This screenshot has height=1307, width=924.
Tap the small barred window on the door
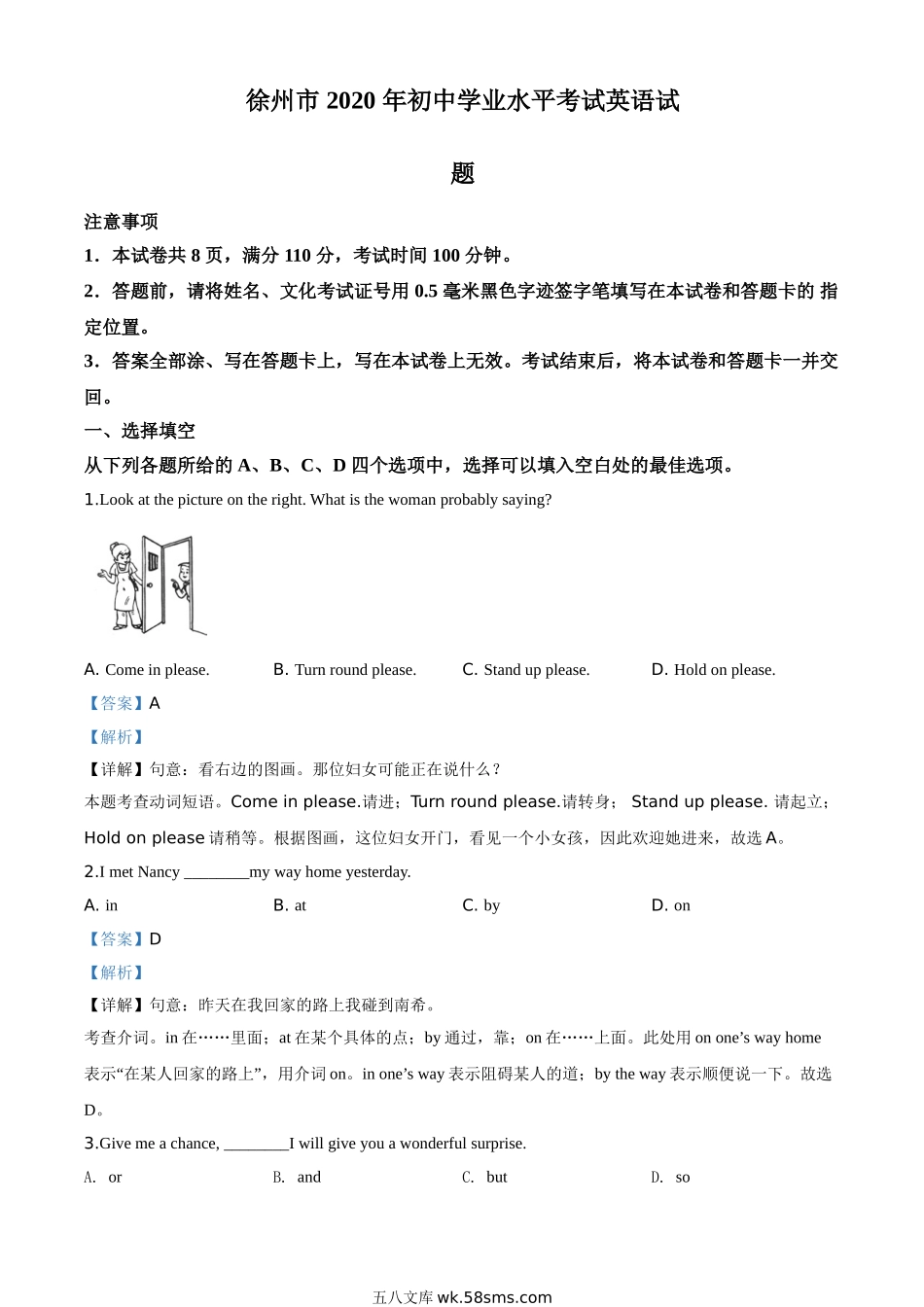click(x=153, y=562)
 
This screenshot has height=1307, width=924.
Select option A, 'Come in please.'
click(x=147, y=669)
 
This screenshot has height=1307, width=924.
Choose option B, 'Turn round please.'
click(x=344, y=669)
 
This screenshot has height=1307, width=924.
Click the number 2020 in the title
click(x=350, y=101)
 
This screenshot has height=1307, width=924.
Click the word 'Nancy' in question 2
click(x=159, y=871)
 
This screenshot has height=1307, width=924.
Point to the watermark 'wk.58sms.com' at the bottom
click(x=494, y=1296)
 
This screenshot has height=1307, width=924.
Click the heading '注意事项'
click(x=121, y=222)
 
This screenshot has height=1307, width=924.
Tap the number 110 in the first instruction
click(x=298, y=256)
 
